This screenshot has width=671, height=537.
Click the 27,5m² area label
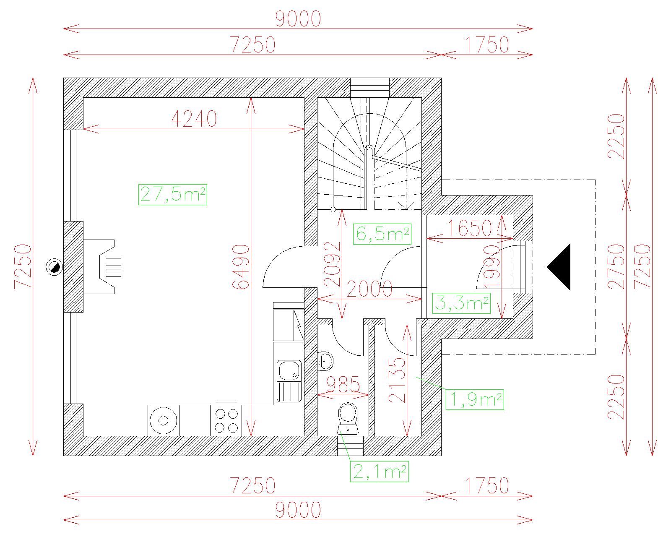pos(173,194)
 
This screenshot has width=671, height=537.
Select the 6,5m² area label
pos(382,234)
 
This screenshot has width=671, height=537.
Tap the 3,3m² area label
pos(461,303)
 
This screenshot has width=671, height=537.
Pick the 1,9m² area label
pos(475,399)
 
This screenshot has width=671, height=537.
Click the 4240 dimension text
pos(194,119)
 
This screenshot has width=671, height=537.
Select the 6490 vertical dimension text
pos(241,267)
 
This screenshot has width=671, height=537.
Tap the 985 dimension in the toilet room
pos(343,384)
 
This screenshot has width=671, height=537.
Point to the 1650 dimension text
pos(469,228)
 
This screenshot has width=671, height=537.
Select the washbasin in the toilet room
pos(325,361)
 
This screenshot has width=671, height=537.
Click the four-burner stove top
pos(226,420)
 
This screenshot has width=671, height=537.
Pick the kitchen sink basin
pos(289,371)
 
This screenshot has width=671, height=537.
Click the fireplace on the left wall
pos(102,267)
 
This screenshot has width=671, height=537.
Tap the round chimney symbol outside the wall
pos(54,267)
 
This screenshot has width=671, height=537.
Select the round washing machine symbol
pos(164,420)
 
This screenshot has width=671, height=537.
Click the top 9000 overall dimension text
pos(298,19)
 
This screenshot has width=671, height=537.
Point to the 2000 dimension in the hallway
pos(369,289)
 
